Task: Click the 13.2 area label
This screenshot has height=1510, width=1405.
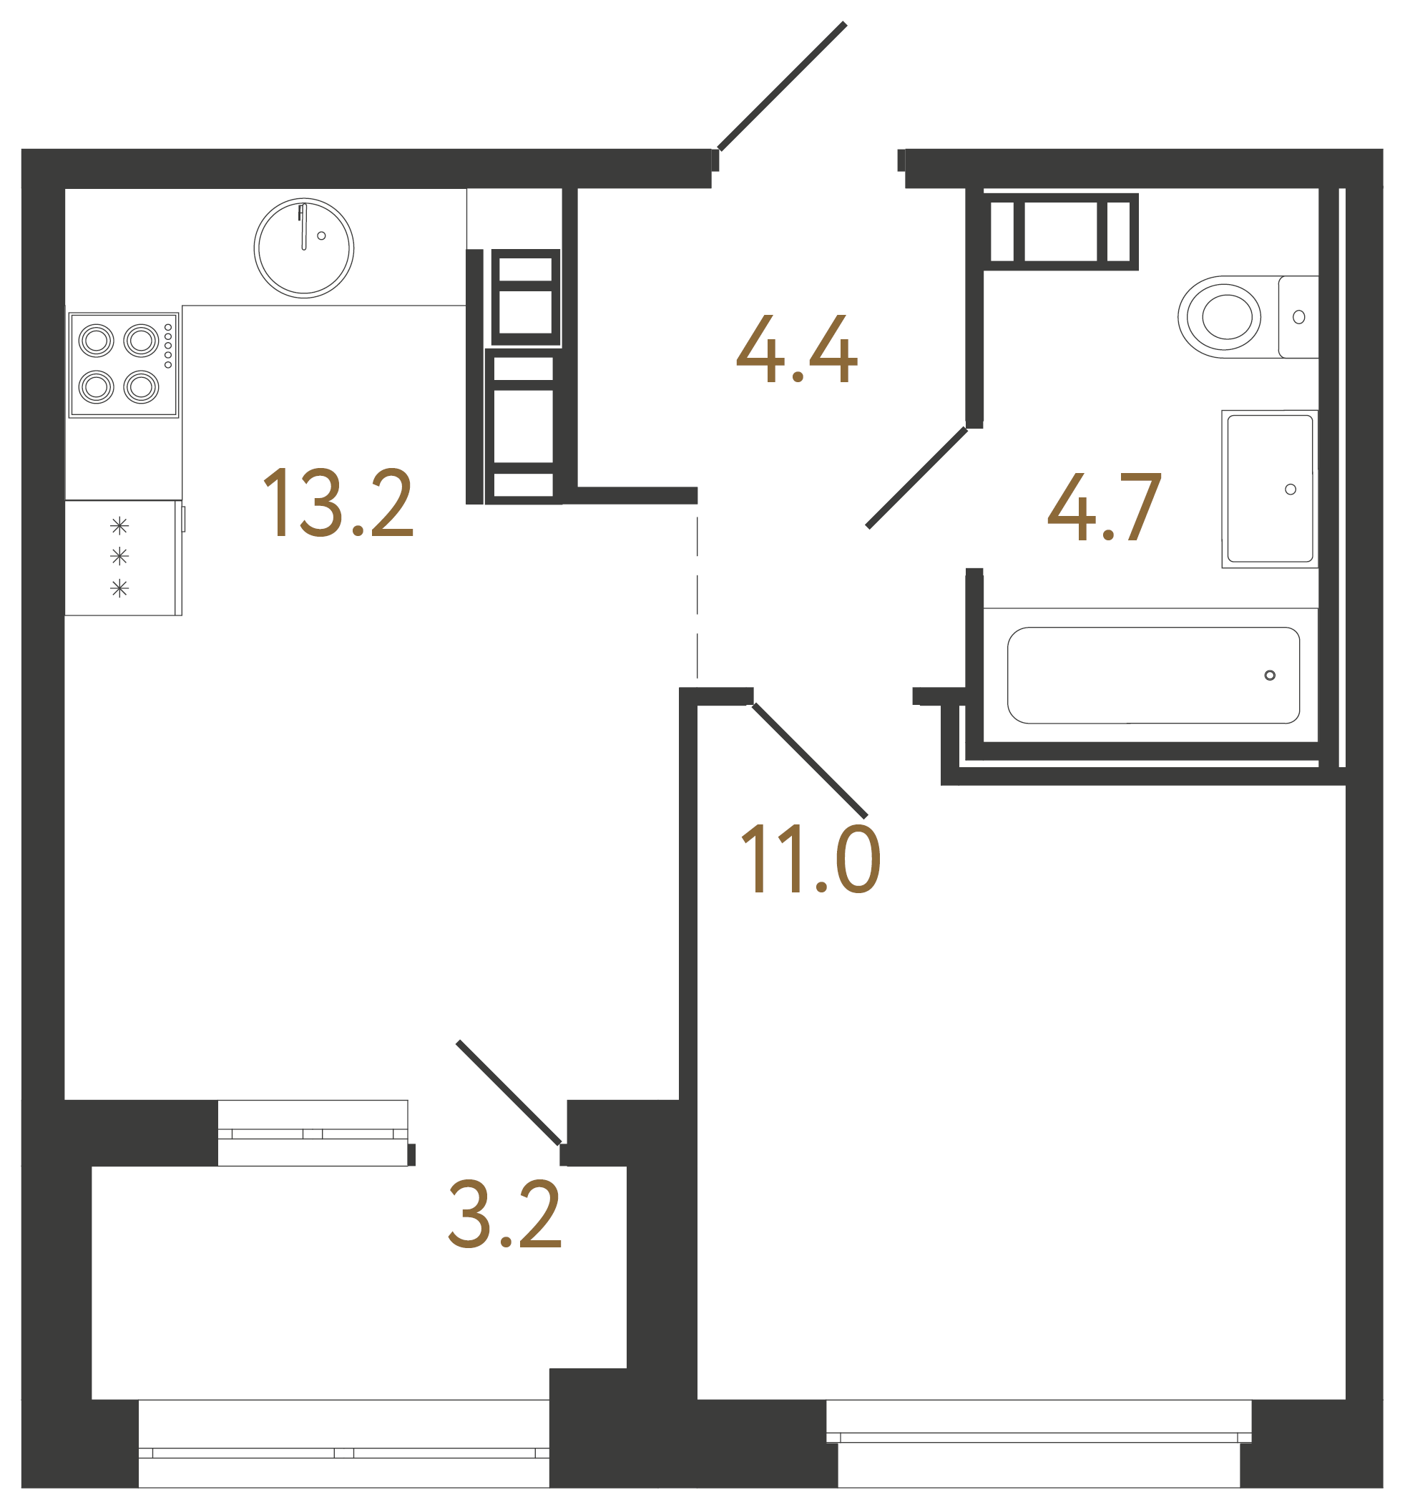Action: click(338, 502)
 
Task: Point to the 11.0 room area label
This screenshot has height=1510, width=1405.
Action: click(810, 858)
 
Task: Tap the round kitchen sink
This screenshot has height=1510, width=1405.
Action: click(304, 248)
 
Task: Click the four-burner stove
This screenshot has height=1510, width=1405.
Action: click(123, 364)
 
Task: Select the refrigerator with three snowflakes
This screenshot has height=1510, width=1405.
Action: click(122, 557)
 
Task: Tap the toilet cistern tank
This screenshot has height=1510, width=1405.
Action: click(1298, 317)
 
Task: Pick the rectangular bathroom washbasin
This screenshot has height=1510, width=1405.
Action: click(1269, 488)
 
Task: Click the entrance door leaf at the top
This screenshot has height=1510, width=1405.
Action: click(781, 86)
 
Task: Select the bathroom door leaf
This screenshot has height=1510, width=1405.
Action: click(916, 478)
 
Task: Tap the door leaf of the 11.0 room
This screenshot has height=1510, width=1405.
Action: click(810, 760)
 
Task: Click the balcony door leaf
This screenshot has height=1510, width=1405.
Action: click(509, 1092)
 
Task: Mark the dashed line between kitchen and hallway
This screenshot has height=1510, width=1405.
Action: click(697, 596)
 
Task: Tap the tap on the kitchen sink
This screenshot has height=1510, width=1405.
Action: click(303, 226)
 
